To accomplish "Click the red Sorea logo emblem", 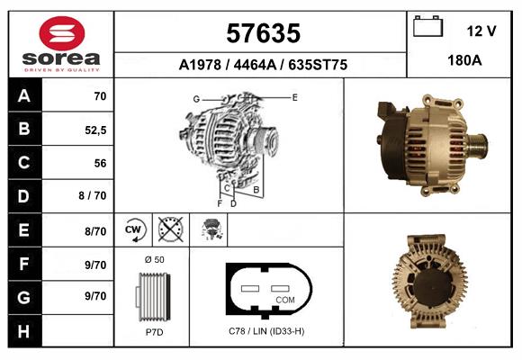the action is [x=62, y=33].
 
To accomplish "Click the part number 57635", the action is [x=263, y=33].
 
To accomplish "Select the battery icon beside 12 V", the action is [x=427, y=26].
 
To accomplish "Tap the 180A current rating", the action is [x=464, y=60].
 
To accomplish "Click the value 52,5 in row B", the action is [x=95, y=130].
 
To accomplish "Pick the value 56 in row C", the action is [x=100, y=163].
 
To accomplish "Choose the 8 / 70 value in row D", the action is [x=93, y=195].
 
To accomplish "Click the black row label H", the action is [x=24, y=331].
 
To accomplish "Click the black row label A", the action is [x=24, y=96].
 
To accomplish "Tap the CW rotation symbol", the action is [x=133, y=230].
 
